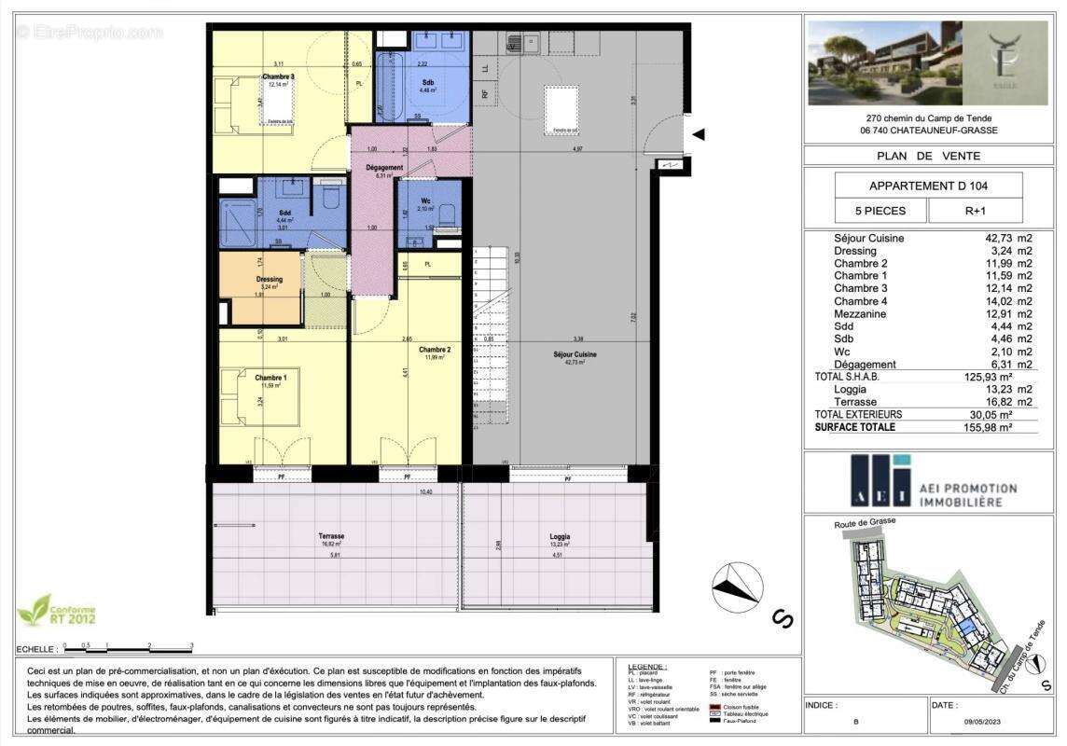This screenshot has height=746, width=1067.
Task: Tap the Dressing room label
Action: [x=269, y=279]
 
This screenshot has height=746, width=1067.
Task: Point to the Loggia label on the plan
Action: [x=560, y=536]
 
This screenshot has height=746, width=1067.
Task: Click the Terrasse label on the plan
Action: [x=331, y=536]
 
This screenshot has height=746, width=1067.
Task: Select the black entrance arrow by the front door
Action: [x=698, y=135]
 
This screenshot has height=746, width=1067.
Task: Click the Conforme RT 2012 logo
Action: [x=56, y=610]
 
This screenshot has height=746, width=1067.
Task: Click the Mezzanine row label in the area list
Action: [x=860, y=314]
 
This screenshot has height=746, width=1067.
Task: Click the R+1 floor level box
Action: [x=976, y=211]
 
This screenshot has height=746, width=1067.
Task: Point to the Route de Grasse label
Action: [x=864, y=524]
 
